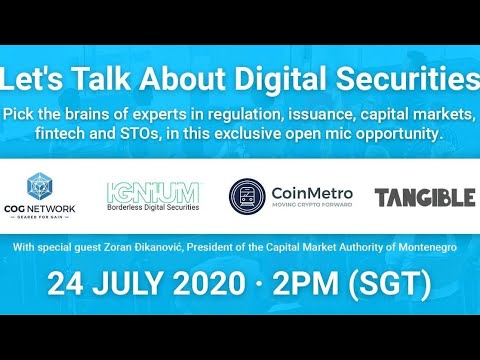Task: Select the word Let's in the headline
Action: (35, 77)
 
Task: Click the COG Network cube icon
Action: (40, 184)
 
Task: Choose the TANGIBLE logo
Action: (425, 197)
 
